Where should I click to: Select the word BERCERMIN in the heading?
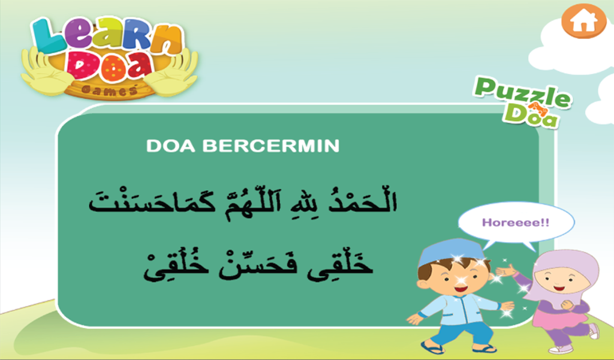click(270, 146)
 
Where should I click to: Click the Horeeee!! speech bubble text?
click(516, 223)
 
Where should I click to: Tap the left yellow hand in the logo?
click(47, 73)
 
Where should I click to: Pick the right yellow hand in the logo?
click(173, 73)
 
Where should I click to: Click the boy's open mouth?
click(460, 289)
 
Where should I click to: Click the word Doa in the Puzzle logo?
click(531, 115)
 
